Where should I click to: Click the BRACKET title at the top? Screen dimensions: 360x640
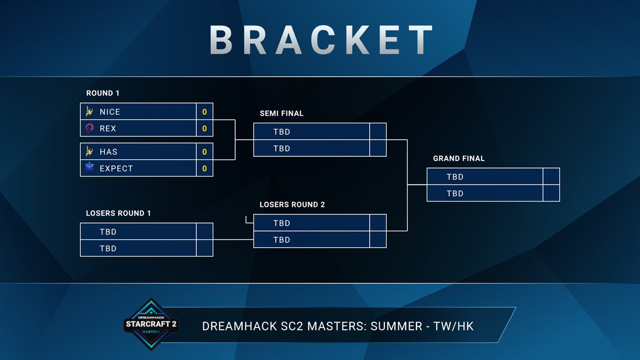pyautogui.click(x=320, y=39)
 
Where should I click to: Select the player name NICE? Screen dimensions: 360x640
pyautogui.click(x=110, y=112)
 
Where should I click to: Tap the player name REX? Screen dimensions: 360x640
pyautogui.click(x=108, y=129)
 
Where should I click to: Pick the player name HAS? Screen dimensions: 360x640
pyautogui.click(x=108, y=152)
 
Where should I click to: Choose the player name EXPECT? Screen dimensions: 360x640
pyautogui.click(x=116, y=169)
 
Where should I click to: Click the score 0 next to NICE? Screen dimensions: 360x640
pyautogui.click(x=204, y=112)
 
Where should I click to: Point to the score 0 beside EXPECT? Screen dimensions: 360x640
pyautogui.click(x=204, y=169)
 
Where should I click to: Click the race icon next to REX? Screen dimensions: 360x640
pyautogui.click(x=89, y=129)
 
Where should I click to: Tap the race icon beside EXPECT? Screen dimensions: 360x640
pyautogui.click(x=89, y=169)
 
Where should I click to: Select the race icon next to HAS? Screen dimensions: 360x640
pyautogui.click(x=89, y=152)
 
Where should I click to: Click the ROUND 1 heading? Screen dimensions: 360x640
pyautogui.click(x=103, y=93)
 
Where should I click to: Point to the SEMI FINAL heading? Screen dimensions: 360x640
pyautogui.click(x=282, y=114)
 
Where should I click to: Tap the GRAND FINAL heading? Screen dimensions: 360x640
pyautogui.click(x=459, y=158)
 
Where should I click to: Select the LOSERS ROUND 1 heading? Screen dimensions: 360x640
pyautogui.click(x=118, y=213)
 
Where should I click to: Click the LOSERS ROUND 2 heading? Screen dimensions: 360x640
pyautogui.click(x=292, y=205)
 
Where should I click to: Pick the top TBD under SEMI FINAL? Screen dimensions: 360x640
pyautogui.click(x=282, y=132)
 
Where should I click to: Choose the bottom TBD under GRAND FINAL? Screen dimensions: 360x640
pyautogui.click(x=455, y=194)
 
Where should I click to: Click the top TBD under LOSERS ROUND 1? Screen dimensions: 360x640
pyautogui.click(x=108, y=232)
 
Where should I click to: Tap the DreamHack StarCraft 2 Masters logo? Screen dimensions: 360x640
pyautogui.click(x=151, y=323)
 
